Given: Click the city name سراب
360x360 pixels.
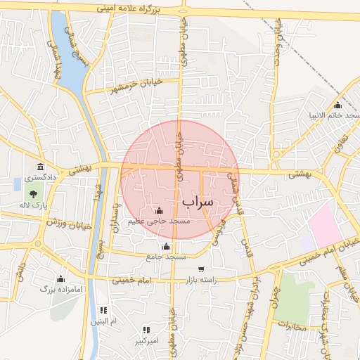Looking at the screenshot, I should click(198, 201).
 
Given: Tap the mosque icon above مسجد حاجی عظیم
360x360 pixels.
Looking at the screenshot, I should click(159, 210).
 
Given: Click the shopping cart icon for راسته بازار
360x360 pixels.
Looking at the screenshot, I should click(202, 269).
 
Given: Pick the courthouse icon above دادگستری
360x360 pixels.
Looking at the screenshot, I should click(40, 167).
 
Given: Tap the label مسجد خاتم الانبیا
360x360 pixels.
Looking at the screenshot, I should click(333, 115).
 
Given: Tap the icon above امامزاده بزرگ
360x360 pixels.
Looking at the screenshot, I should click(60, 278).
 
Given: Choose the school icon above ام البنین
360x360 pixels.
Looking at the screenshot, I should click(104, 310).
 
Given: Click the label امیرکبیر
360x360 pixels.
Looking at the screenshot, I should click(146, 341).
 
